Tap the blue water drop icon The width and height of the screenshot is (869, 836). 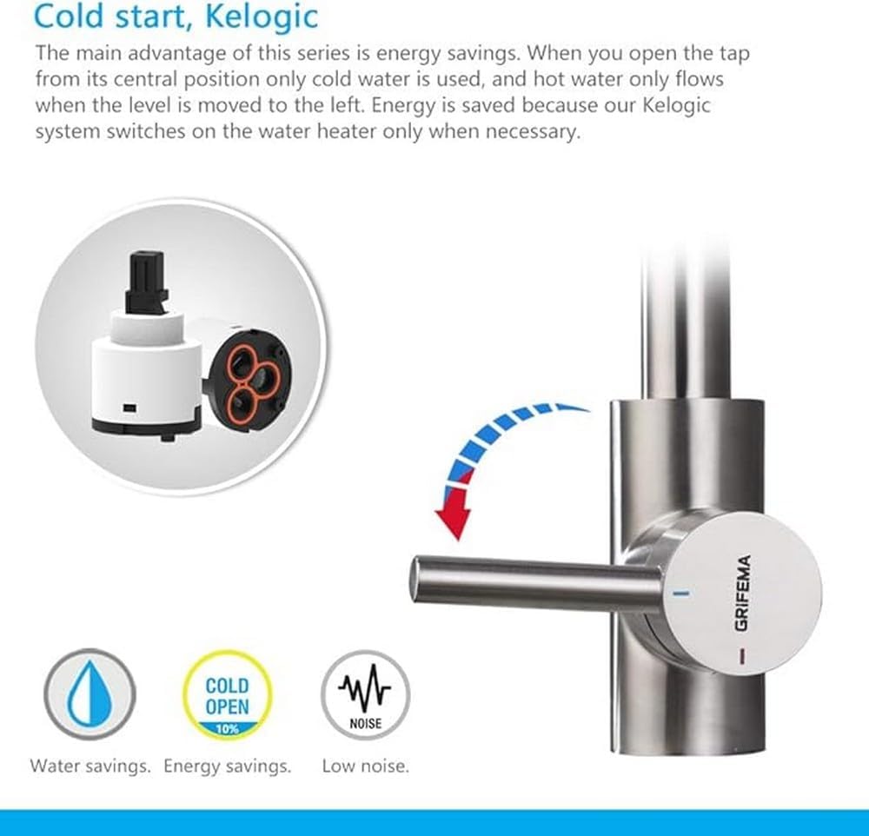tap(90, 694)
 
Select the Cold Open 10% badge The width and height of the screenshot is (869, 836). tap(227, 695)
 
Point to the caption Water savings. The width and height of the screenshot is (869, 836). tap(90, 766)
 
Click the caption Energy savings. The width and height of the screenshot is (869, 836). tap(227, 766)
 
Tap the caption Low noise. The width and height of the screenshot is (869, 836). tap(365, 766)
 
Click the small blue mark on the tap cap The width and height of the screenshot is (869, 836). tap(680, 594)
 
